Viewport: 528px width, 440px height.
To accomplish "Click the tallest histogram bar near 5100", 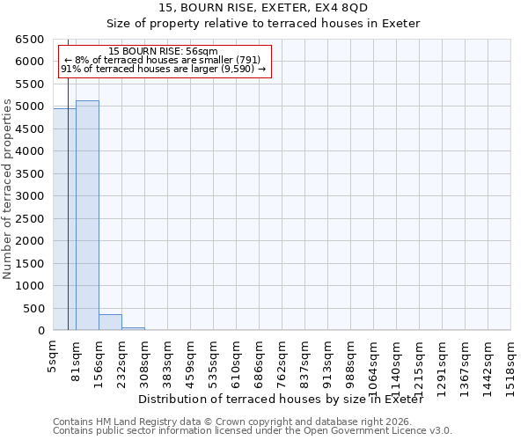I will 87,216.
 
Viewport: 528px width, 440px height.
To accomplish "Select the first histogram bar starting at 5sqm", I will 64,220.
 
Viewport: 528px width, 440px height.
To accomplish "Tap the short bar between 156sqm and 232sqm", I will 110,322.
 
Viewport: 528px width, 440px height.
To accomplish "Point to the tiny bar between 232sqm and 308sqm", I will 133,328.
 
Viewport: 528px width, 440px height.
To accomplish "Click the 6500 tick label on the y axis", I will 29,40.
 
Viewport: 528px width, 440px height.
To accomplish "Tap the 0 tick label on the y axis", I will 40,331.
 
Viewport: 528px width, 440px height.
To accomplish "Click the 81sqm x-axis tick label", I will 76,358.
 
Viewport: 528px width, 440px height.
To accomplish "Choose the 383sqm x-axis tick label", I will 167,360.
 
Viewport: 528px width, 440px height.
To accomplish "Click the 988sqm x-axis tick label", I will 350,360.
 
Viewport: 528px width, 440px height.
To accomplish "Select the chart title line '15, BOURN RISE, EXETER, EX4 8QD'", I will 263,8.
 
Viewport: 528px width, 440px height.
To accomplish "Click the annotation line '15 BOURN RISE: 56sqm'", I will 164,52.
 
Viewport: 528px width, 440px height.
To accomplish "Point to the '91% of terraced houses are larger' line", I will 164,69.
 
